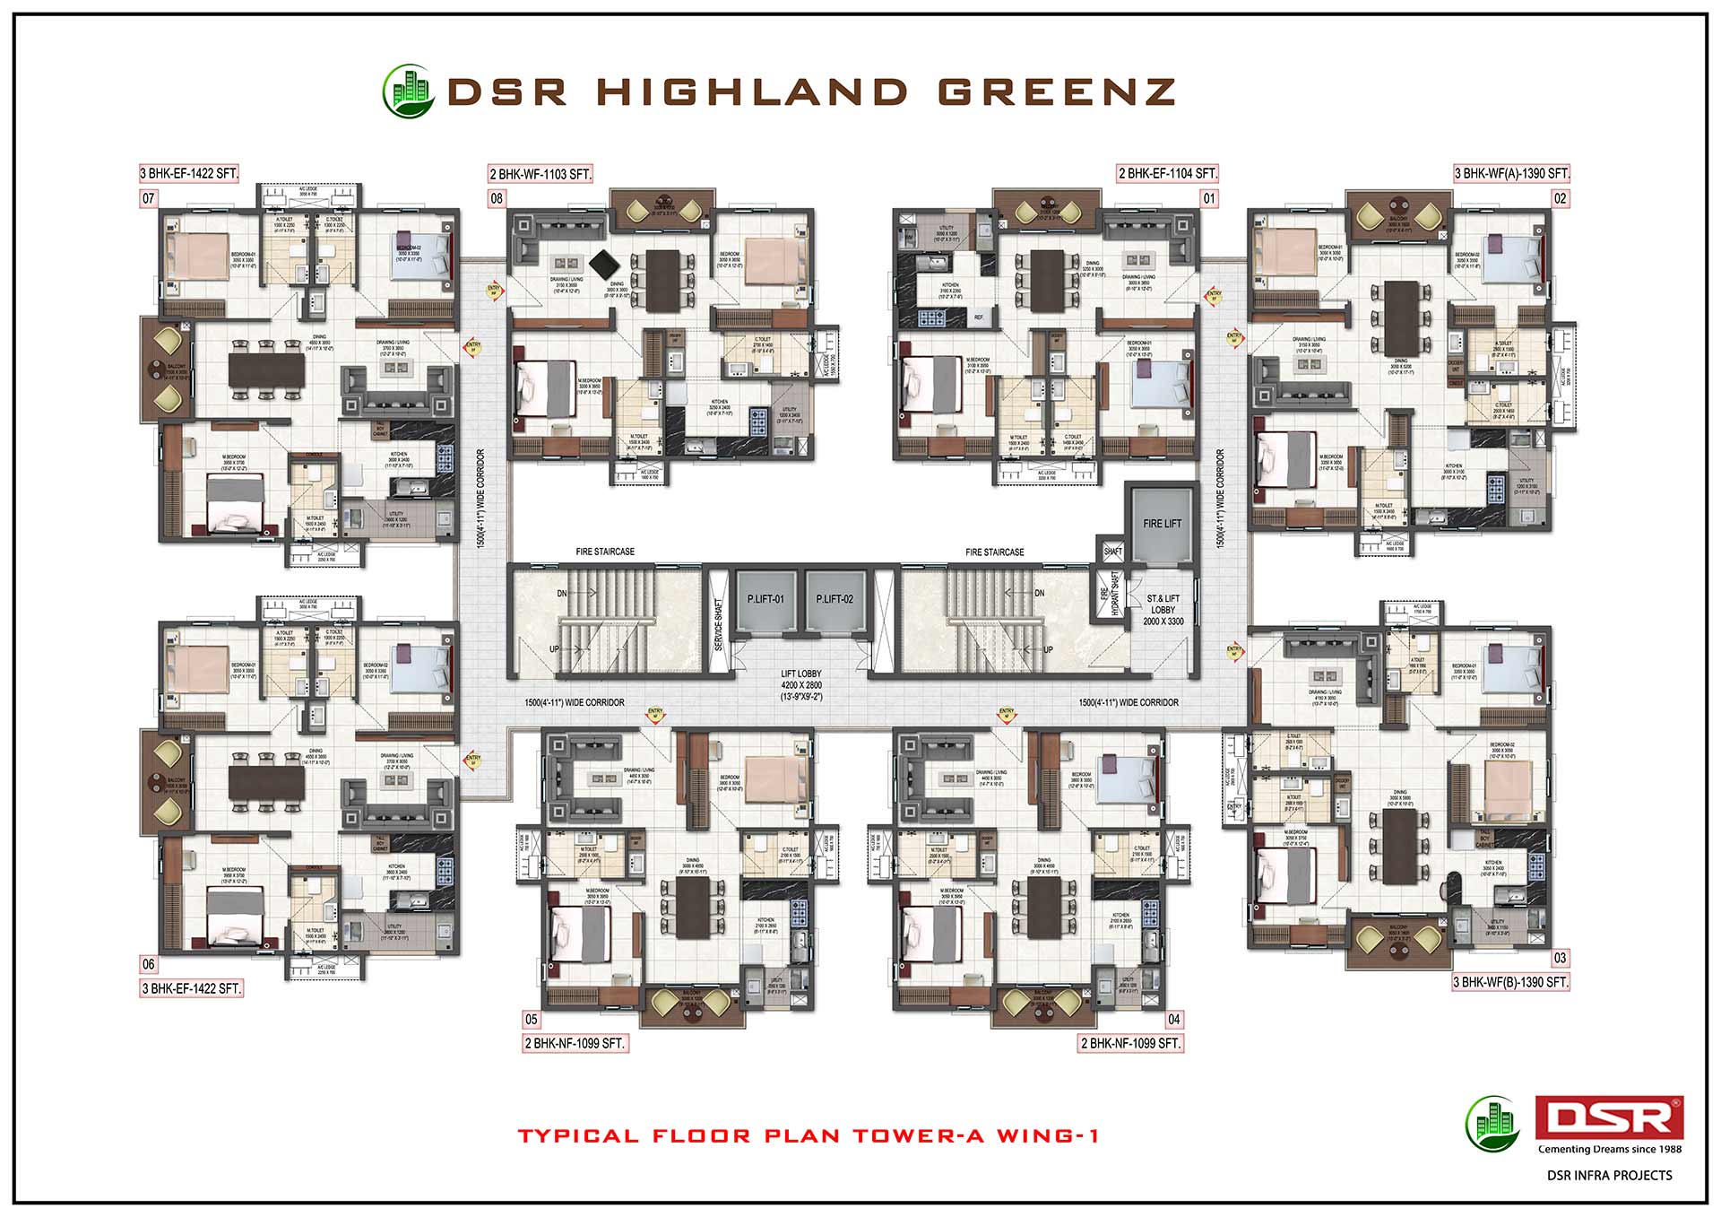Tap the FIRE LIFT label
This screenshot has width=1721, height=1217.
coord(1162,524)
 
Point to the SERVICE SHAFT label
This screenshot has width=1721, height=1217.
coord(718,620)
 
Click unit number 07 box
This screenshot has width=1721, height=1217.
coord(148,198)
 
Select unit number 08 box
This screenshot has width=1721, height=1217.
coord(497,198)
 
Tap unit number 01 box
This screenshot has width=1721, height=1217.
coord(1209,198)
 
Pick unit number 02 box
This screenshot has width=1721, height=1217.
coord(1561,198)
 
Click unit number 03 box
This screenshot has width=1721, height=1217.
coord(1561,958)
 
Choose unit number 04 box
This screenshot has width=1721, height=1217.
coord(1174,1019)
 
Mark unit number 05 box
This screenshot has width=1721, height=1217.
coord(532,1019)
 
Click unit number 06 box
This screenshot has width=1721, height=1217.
coord(148,964)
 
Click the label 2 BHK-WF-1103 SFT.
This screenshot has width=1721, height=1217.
coord(541,174)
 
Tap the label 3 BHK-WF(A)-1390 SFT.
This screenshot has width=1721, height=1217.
coord(1511,173)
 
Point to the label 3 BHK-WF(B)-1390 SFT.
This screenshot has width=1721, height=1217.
coord(1511,982)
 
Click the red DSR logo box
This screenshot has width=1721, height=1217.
coord(1609,1118)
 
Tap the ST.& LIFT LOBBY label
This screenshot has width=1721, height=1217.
coord(1163,609)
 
